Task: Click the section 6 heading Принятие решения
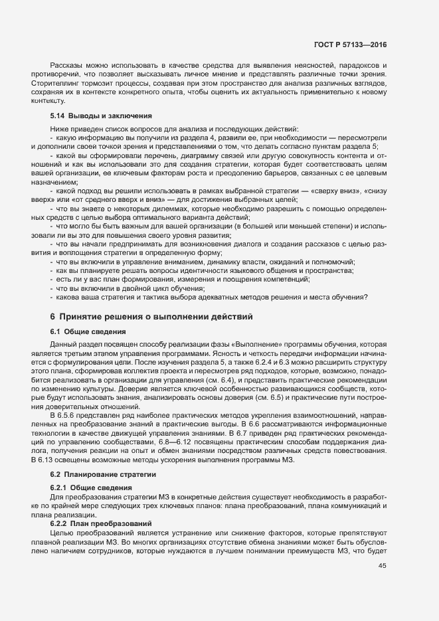pos(151,317)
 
